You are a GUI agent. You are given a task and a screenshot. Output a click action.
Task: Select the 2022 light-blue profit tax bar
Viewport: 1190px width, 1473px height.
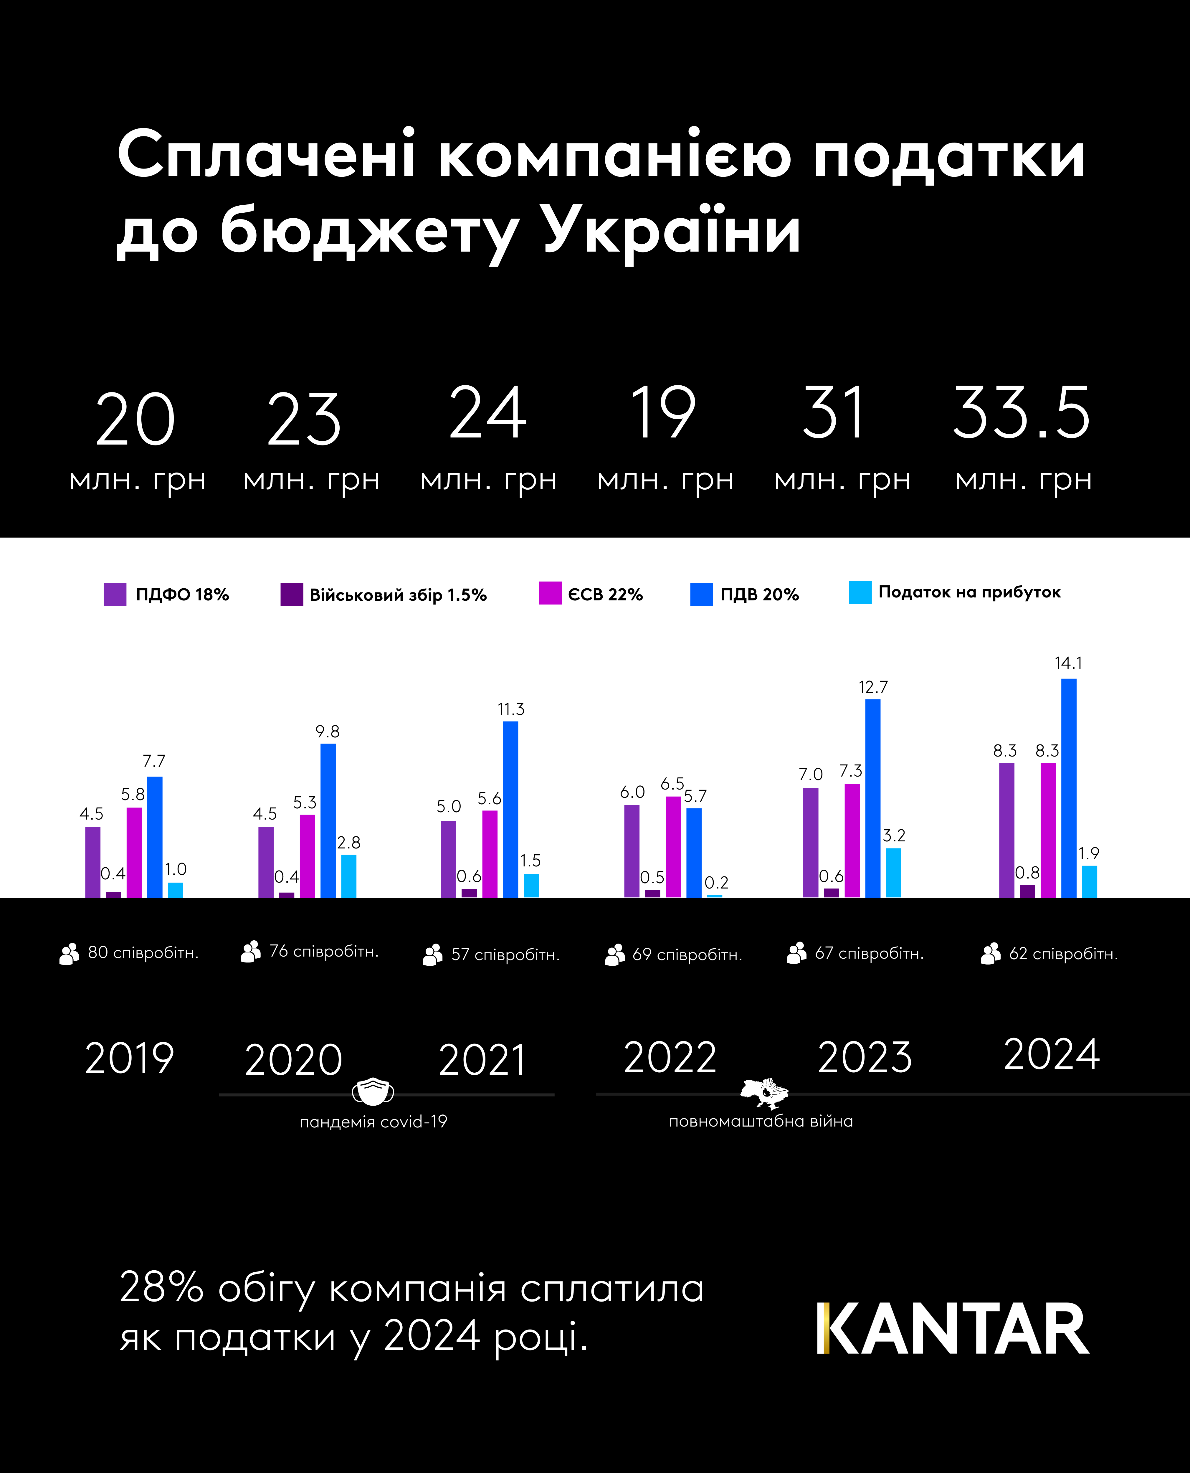coord(714,895)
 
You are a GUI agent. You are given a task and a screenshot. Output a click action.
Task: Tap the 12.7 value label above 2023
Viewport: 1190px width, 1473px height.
coord(873,687)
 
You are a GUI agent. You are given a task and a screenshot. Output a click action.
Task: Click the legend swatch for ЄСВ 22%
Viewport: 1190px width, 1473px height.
coord(550,593)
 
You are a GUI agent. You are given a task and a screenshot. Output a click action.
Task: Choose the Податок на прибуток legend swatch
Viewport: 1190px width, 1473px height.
coord(860,592)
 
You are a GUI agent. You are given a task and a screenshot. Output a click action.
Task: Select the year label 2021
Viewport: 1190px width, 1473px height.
coord(482,1060)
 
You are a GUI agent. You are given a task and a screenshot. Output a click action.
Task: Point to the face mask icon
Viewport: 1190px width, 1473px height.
coord(373,1091)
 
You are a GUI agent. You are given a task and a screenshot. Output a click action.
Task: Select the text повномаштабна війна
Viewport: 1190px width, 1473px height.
coord(761,1121)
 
